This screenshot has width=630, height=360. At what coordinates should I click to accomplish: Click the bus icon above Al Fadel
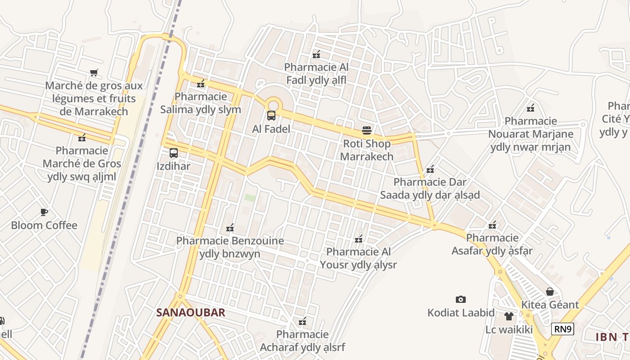pos(271,116)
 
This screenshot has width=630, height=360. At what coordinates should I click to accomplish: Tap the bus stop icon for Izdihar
pos(174,153)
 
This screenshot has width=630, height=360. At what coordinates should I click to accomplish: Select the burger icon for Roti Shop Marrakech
pos(367,131)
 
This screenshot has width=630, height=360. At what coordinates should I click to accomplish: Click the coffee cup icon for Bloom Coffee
pos(44,212)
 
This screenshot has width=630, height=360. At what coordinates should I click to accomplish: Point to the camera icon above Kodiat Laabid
pos(460,300)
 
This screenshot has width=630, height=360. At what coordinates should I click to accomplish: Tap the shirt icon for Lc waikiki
pos(508,316)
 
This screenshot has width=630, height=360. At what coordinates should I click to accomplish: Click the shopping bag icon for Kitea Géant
pos(549,292)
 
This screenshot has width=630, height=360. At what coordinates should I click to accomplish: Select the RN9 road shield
pos(563,329)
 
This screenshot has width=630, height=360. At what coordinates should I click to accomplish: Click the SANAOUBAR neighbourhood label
pos(191,312)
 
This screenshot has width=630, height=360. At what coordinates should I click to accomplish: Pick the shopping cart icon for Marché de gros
pos(94,72)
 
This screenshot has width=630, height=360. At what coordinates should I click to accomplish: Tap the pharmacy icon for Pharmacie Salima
pos(201,83)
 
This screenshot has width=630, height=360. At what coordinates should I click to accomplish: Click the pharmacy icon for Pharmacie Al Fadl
pos(316,54)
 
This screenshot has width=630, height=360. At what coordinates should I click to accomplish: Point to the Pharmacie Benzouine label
pos(230,247)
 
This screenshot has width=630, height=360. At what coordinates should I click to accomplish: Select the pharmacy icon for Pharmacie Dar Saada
pos(430,169)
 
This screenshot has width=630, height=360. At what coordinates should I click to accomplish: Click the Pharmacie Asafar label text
pos(492,244)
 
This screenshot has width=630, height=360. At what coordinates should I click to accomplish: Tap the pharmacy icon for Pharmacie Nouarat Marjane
pos(531,108)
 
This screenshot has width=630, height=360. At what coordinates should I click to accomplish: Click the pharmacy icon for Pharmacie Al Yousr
pos(359,239)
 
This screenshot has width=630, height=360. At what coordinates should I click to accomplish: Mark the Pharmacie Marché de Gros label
pos(82,163)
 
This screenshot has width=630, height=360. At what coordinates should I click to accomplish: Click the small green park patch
pos(250,198)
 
